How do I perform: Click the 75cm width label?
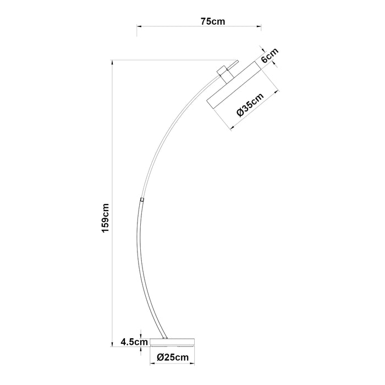tap(212, 21)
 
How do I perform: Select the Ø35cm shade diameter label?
tap(250, 105)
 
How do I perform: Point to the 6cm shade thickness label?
tap(269, 57)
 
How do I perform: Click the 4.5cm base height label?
tap(134, 342)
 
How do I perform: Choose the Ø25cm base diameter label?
tap(173, 357)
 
